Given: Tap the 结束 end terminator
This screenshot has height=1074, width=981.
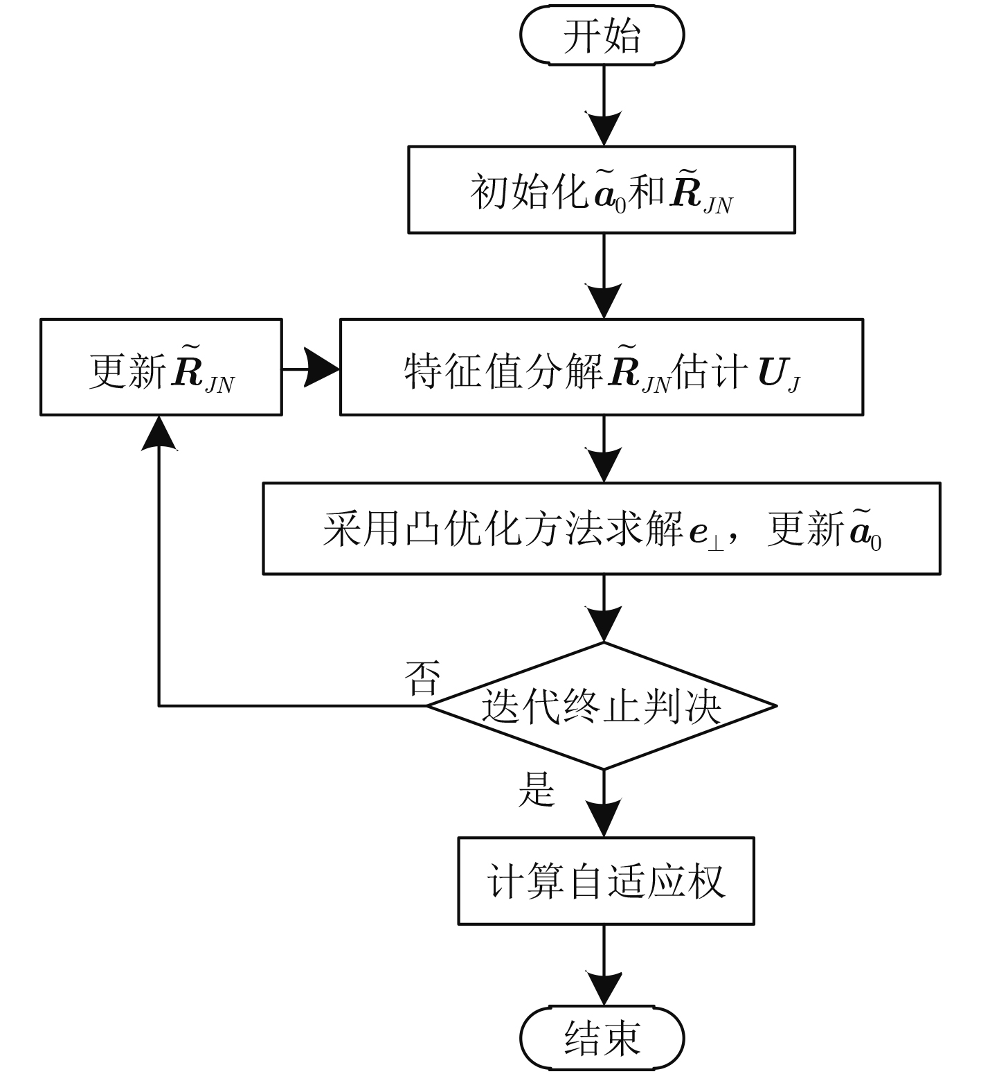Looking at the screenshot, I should (x=602, y=1037).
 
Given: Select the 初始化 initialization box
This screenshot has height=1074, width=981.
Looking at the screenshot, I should (x=601, y=190).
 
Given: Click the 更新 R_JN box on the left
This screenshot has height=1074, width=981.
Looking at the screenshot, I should (x=161, y=367).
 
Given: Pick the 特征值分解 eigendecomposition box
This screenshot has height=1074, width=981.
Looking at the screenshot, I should (x=601, y=367).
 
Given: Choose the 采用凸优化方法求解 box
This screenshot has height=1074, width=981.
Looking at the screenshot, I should (x=601, y=529).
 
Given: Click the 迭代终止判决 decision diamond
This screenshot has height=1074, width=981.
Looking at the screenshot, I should (x=601, y=706).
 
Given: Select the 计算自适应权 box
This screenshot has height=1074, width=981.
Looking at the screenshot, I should (x=606, y=881).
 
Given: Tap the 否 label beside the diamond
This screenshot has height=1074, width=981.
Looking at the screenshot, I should (x=422, y=678).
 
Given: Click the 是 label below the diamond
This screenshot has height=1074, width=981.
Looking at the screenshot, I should (x=537, y=789).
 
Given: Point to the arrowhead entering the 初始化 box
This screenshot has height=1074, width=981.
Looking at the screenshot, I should (x=604, y=128).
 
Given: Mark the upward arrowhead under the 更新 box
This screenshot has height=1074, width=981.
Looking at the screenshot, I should (x=159, y=433).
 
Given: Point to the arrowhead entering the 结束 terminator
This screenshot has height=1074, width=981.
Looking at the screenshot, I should (x=604, y=987).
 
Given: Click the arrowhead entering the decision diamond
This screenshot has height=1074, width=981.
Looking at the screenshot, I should (x=604, y=624).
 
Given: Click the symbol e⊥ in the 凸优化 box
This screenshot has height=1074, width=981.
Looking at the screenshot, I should (x=706, y=534).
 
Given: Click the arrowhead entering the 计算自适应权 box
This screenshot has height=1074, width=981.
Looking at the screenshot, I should (x=604, y=819).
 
